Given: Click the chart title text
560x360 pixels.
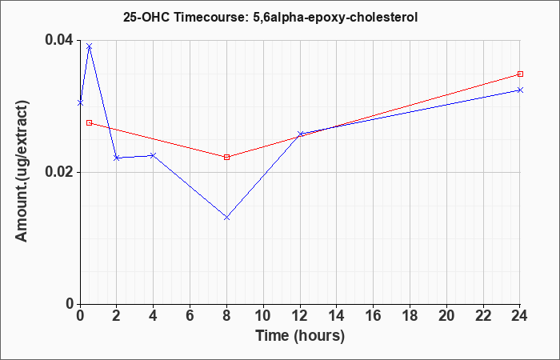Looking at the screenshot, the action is [270, 17].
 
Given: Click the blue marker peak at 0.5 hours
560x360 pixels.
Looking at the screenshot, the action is [90, 46].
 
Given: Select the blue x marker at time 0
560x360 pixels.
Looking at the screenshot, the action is [80, 103].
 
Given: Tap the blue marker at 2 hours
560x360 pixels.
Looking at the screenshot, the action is [117, 158].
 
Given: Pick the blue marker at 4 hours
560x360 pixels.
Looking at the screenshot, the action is [154, 155].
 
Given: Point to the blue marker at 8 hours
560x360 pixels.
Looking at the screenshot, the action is [226, 217].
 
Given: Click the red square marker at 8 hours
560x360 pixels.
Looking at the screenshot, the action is [226, 157].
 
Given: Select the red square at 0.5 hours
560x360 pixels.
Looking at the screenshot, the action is [90, 123].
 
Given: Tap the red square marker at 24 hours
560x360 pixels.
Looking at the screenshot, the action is [520, 74].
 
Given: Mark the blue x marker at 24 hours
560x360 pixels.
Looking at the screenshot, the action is [520, 90].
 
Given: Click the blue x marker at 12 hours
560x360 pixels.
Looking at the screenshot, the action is [300, 134].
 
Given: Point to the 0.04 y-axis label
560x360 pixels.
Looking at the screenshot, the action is [58, 40].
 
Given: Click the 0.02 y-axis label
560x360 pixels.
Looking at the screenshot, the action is [58, 172].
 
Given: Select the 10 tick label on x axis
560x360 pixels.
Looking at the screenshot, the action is [263, 316].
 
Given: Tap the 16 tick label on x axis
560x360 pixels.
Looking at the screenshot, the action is [373, 316].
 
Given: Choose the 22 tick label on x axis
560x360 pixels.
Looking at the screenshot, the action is [483, 316].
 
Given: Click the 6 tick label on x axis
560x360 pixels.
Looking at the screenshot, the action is [190, 316].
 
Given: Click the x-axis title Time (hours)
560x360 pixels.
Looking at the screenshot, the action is [300, 336].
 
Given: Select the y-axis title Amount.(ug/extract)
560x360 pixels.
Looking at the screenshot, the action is [22, 171].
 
